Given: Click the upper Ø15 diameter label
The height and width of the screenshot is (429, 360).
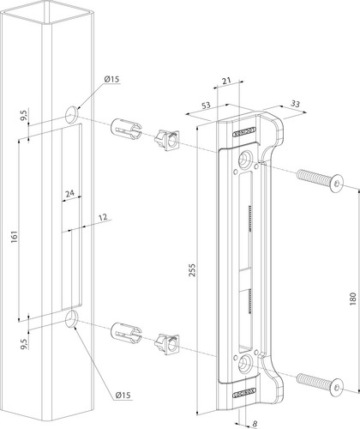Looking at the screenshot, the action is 111,79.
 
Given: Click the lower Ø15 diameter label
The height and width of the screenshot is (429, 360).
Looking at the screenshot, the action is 123,396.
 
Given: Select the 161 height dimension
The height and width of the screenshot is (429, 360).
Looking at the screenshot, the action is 15,237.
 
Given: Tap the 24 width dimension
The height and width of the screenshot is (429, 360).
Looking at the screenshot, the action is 69,194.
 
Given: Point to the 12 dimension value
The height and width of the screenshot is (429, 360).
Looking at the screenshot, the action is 103,218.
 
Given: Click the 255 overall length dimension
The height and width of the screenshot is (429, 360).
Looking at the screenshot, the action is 192,270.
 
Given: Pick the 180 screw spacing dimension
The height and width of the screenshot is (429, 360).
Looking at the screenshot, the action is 353,299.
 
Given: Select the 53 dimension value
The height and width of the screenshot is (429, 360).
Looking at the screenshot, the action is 206,106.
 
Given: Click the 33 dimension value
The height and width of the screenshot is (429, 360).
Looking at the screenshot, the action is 295,104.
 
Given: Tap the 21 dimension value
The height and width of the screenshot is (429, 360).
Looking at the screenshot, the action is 226,81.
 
